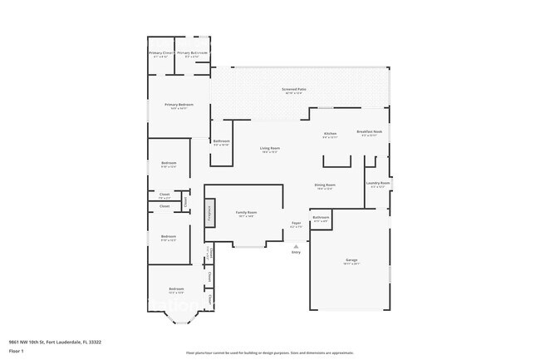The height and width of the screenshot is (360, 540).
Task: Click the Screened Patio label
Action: click(295, 88)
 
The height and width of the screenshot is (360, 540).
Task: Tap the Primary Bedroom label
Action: click(179, 105)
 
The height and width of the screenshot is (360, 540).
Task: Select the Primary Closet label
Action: click(160, 53)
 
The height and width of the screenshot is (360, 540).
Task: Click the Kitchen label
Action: click(330, 133)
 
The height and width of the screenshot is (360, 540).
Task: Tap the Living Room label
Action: click(270, 149)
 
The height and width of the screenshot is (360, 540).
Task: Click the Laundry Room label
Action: click(377, 184)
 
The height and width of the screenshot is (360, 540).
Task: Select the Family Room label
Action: click(246, 213)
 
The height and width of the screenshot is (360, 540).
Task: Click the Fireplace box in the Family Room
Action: click(210, 212)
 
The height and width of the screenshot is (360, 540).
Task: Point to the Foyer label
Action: click(296, 224)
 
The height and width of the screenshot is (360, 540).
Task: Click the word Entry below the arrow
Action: click(296, 252)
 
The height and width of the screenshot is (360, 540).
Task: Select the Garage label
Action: click(351, 261)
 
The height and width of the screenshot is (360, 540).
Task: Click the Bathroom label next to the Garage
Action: click(321, 218)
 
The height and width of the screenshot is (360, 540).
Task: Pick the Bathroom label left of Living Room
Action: click(221, 141)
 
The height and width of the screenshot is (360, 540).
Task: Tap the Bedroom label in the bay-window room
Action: click(176, 289)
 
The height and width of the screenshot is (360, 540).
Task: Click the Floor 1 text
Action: click(16, 352)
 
